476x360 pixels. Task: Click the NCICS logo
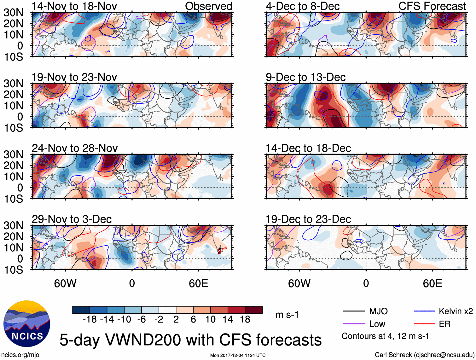click(26, 323)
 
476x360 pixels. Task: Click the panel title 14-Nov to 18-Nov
click(74, 6)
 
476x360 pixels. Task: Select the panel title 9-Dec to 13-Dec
click(305, 77)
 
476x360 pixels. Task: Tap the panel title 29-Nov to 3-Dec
click(72, 219)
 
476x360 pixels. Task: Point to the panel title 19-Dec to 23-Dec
click(308, 219)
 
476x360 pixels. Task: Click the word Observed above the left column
click(208, 6)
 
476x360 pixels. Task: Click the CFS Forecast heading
click(432, 6)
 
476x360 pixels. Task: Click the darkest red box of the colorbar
click(254, 310)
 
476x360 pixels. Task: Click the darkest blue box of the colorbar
click(81, 310)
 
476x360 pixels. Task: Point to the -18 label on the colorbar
click(90, 320)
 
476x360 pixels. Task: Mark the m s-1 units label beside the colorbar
click(287, 315)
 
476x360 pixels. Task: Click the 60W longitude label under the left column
click(65, 283)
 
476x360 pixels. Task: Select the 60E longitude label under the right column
click(432, 283)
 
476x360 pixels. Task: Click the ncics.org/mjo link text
click(20, 355)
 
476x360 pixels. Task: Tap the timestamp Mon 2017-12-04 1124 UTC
click(238, 355)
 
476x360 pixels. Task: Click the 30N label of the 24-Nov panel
click(13, 154)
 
